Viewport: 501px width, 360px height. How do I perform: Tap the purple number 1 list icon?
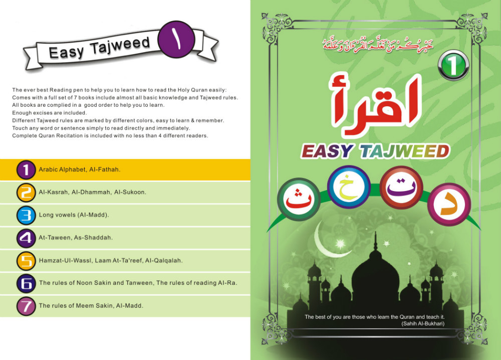click(26, 170)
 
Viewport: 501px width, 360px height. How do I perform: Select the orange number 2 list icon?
click(26, 193)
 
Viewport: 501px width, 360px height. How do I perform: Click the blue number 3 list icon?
click(26, 215)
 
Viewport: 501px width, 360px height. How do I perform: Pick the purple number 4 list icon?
click(26, 238)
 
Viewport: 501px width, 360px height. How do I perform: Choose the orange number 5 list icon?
click(26, 261)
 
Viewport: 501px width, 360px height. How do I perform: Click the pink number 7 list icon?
click(26, 306)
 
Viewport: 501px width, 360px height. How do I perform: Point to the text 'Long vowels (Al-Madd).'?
click(74, 215)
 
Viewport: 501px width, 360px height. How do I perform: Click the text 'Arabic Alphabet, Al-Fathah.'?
click(80, 170)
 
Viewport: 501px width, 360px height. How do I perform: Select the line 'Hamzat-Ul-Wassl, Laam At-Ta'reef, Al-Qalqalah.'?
click(111, 261)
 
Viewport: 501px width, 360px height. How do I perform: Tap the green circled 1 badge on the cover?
click(453, 67)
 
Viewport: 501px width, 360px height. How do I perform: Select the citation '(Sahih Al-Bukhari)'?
click(423, 324)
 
